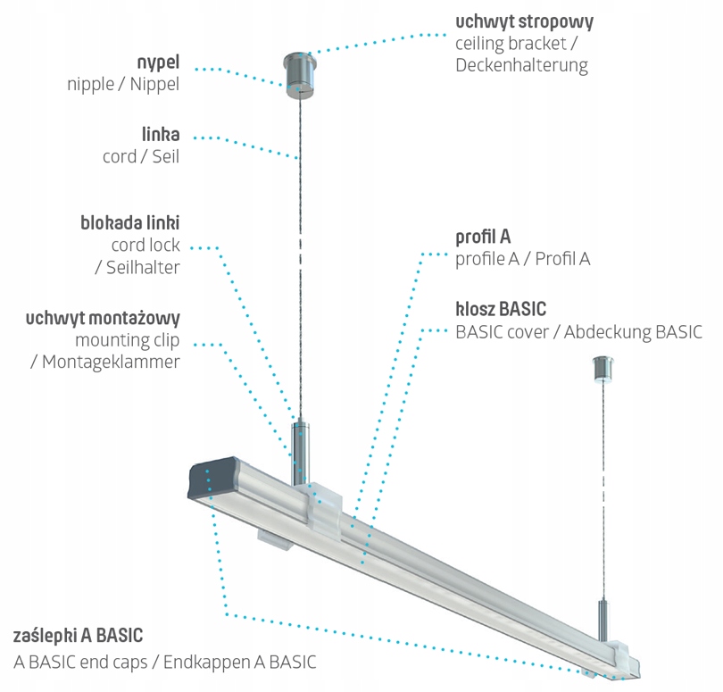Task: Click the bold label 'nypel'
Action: pos(159,63)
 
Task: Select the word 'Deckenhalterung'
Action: pos(521,65)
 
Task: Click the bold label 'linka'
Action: pos(161,135)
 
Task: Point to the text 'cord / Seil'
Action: pos(141,156)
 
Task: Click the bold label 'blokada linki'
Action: pos(130,222)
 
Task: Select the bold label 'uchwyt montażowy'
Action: pos(104,318)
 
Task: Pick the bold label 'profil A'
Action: pos(483,238)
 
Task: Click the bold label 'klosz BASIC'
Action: pos(501,310)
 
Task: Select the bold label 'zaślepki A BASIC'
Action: pos(79,638)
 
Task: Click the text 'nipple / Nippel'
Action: pos(123,85)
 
